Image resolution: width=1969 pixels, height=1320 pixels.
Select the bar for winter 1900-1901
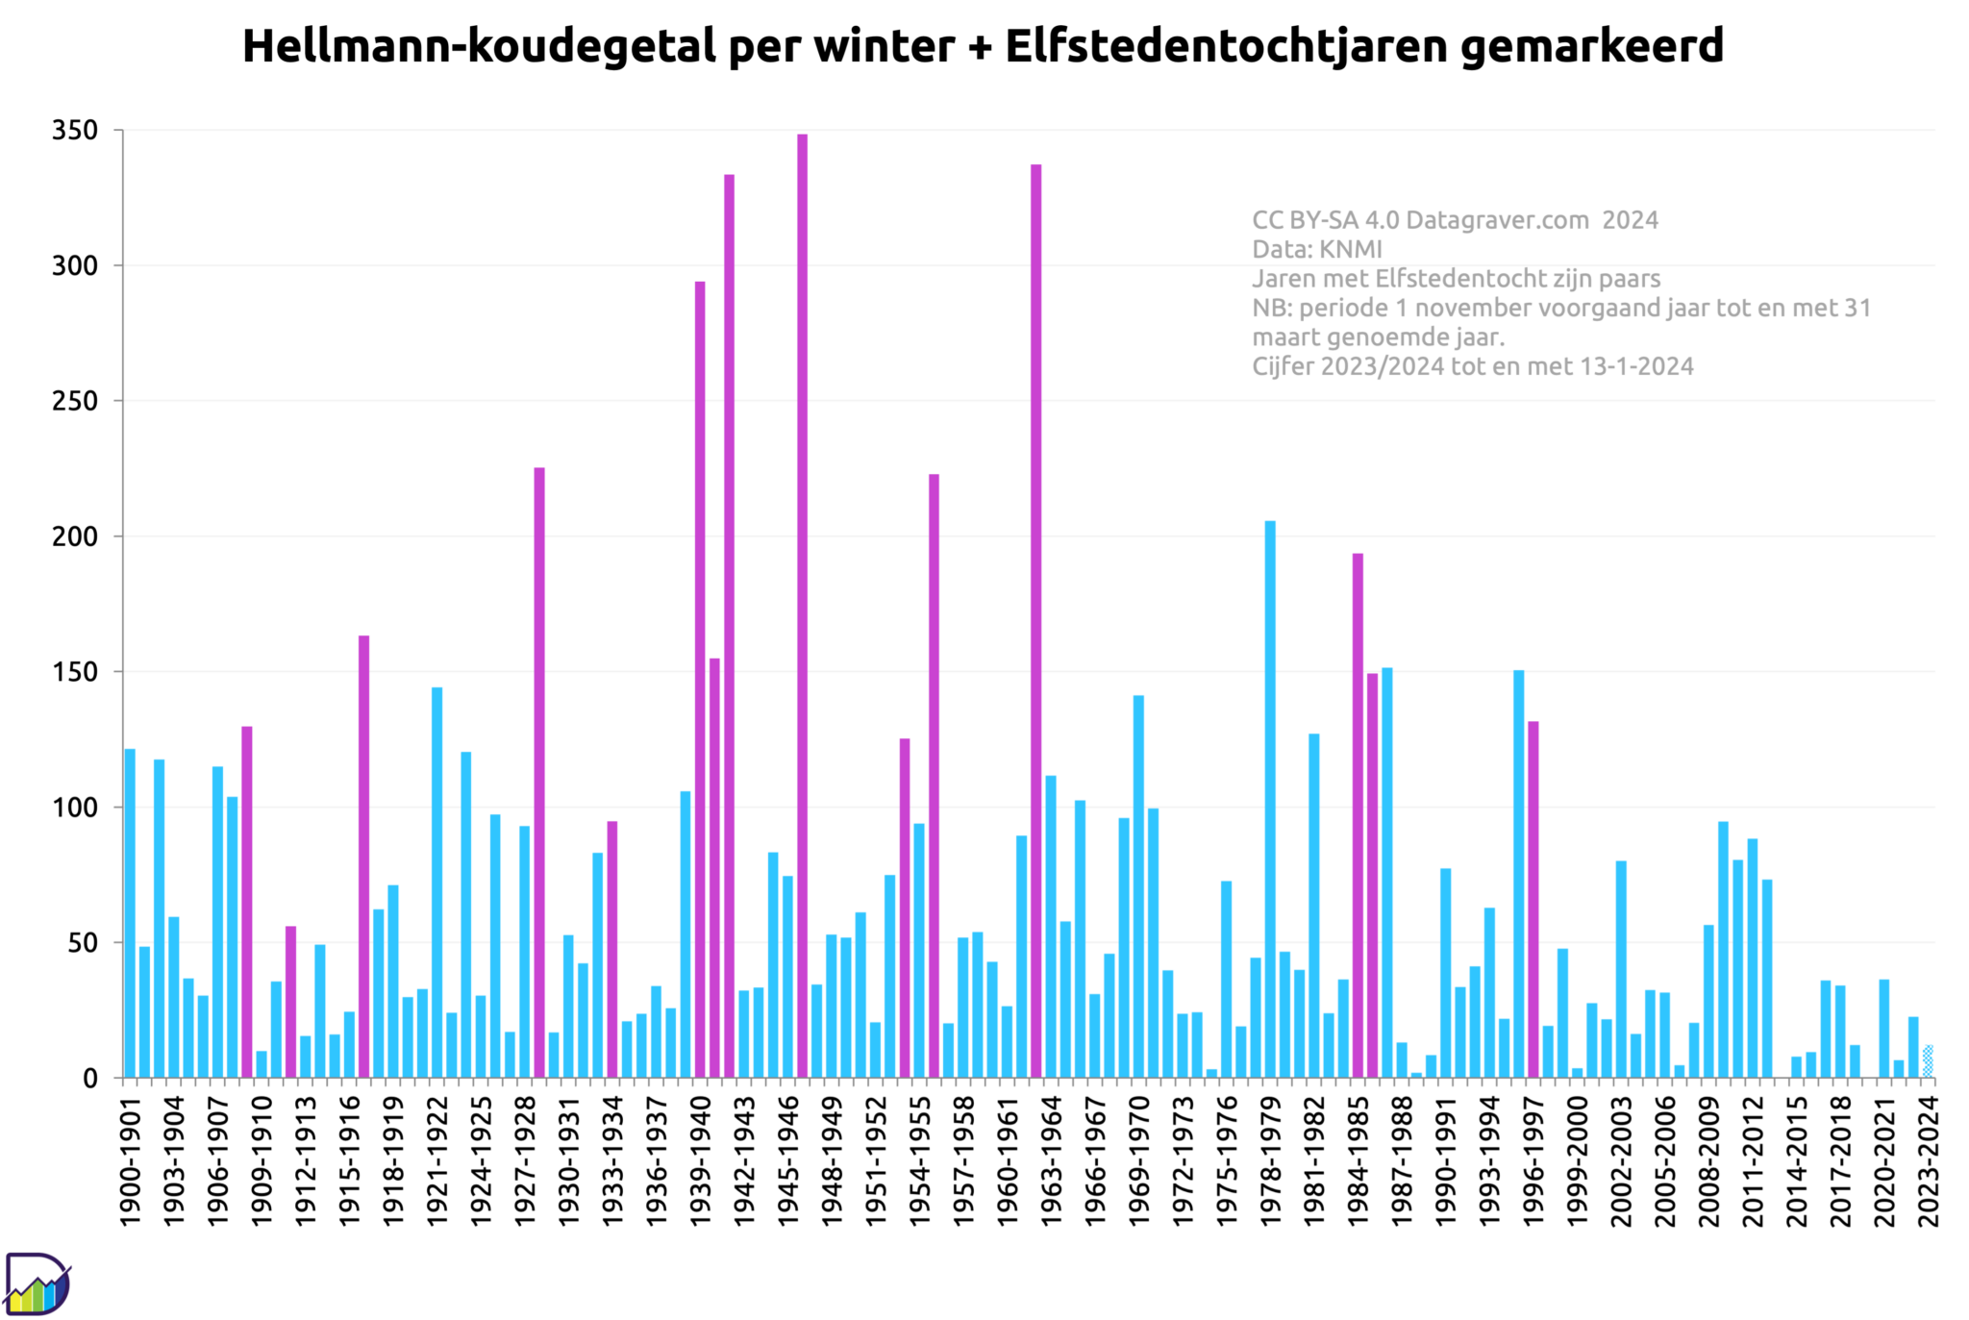130,913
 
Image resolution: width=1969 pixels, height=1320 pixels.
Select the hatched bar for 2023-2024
1928,1061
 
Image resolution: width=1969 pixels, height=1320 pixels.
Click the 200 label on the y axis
75,536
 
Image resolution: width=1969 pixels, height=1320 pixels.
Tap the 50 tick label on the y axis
83,943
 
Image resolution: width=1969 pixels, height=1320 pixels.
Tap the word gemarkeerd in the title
1591,46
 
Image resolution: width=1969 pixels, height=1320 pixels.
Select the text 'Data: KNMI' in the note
1316,250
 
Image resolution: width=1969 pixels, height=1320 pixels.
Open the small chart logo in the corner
37,1284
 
